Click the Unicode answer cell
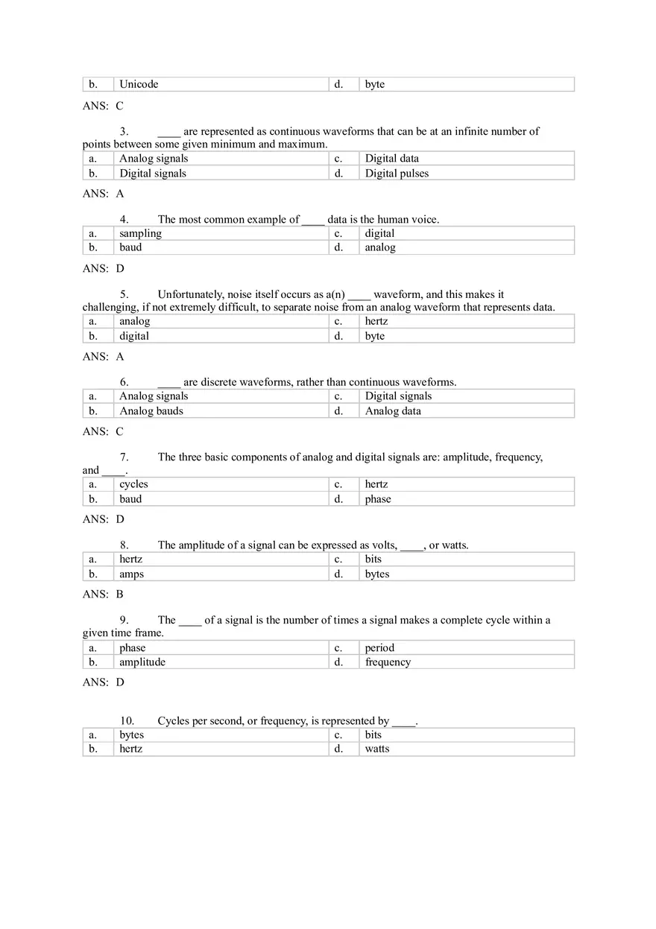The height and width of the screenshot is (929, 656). pos(139,84)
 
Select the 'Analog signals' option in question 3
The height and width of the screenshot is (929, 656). pos(154,158)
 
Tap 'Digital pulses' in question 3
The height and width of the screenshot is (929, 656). pos(397,174)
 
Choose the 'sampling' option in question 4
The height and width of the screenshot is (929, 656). pos(140,233)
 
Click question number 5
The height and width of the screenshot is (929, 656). pos(124,294)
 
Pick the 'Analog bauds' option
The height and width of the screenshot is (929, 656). pos(151,410)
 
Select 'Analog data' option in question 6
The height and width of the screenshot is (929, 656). pos(393,410)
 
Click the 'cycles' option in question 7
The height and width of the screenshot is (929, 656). pos(133,484)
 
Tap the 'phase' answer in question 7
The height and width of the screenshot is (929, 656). pos(378,499)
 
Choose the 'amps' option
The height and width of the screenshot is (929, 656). pos(131,574)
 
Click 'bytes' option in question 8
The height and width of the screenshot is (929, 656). pos(377,574)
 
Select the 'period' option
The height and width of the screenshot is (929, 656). pos(379,648)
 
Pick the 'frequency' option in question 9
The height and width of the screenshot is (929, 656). pos(388,662)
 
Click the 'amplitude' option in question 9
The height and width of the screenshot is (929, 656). pos(142,662)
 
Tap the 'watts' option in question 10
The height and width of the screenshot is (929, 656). pos(377,749)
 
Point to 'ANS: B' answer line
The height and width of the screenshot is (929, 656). pos(103,595)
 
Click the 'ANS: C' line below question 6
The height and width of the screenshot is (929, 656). pos(103,431)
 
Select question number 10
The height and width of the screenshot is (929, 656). pos(127,720)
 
